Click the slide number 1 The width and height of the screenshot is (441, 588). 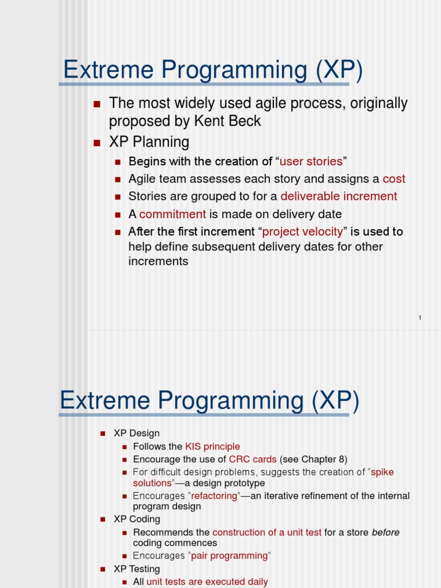(x=420, y=318)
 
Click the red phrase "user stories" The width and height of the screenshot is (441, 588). (x=311, y=161)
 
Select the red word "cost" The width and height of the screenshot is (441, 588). (x=394, y=179)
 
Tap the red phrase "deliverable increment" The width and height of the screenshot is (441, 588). (x=339, y=196)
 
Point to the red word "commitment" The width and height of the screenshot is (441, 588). (x=172, y=214)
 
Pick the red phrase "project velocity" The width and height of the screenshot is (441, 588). (x=303, y=232)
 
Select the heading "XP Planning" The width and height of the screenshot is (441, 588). (x=149, y=142)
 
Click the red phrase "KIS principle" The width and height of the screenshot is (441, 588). (x=212, y=446)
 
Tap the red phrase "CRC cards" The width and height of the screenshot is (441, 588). (x=253, y=459)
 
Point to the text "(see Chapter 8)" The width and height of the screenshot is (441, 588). (x=314, y=459)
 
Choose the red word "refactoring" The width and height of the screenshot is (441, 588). (x=214, y=496)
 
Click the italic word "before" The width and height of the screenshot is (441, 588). (x=385, y=532)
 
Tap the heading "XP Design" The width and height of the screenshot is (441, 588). (x=137, y=433)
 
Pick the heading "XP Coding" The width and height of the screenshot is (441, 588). (x=137, y=519)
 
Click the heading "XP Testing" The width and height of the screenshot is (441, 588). (x=137, y=568)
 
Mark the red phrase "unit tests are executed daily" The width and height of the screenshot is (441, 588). (x=207, y=582)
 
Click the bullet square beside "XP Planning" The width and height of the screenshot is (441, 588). (x=96, y=142)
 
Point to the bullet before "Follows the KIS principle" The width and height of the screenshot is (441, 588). (x=125, y=447)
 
